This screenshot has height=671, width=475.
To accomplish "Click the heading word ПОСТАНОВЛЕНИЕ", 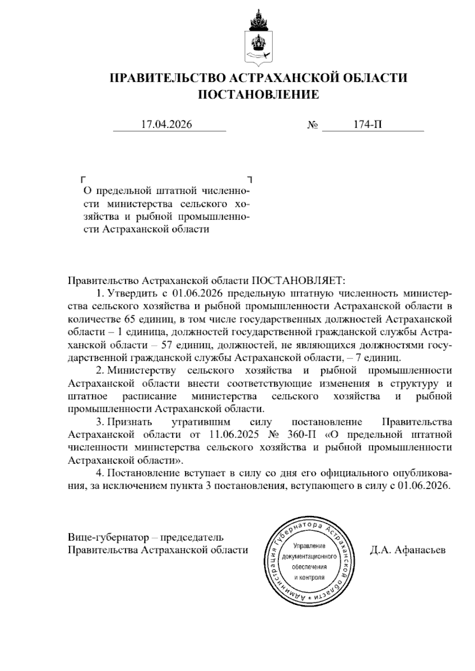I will coord(258,95).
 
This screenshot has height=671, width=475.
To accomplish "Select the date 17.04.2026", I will coord(167,125).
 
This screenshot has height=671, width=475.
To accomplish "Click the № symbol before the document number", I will coord(313,125).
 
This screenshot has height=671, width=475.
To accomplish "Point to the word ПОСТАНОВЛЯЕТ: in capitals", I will coord(299,281).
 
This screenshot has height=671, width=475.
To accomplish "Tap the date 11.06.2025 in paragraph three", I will coord(233,434).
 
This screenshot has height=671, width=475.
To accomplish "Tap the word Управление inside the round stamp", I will coord(309,546).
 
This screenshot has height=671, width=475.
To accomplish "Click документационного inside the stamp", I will coord(309,557).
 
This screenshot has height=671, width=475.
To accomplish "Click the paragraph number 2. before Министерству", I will coord(100,371).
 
